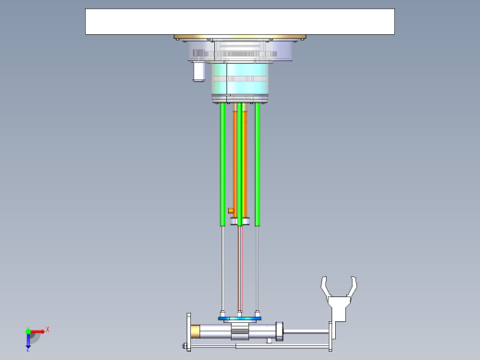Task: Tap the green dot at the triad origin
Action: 28,330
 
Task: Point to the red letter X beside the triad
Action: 47,329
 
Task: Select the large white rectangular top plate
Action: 239,21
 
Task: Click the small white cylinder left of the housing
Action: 198,72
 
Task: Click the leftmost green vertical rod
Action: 222,162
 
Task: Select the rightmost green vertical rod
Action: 258,162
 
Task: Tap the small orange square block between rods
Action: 230,210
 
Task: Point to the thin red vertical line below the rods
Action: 240,268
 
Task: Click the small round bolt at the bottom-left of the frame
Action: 187,347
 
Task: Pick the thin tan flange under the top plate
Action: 239,38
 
